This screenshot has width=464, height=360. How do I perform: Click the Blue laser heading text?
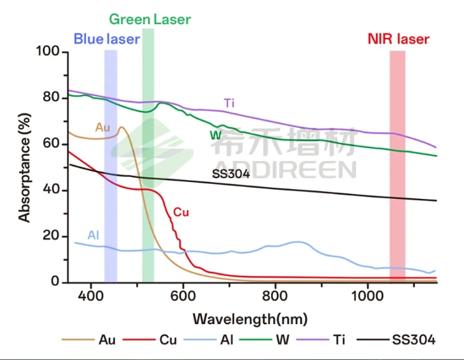[x=106, y=39]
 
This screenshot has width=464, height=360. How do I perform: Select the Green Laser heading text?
[x=150, y=20]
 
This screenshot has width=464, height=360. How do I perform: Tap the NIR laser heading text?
[x=398, y=40]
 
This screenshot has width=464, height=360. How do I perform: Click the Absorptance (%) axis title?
[x=25, y=166]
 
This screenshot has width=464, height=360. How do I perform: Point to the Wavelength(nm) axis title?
[x=250, y=320]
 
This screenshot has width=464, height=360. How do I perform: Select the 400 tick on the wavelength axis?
[x=91, y=296]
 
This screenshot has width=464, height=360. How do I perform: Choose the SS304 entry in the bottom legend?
[x=414, y=340]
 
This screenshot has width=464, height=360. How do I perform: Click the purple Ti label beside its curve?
[x=229, y=103]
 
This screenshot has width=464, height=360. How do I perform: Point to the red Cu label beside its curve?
[x=181, y=212]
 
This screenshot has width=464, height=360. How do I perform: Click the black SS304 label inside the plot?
[x=231, y=174]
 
